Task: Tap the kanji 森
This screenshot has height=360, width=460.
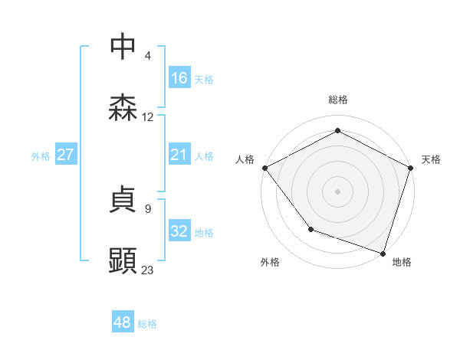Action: [123, 108]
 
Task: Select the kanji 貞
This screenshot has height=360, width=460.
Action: [123, 201]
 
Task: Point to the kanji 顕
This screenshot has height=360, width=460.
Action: [123, 261]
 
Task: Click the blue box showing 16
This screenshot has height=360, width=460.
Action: [179, 77]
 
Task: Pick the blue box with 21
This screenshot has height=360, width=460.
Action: [179, 155]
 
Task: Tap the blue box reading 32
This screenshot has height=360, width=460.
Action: [179, 231]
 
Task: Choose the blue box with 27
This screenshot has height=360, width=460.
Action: [66, 155]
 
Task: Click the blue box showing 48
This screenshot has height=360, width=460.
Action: [123, 322]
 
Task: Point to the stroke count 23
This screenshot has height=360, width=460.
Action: [148, 270]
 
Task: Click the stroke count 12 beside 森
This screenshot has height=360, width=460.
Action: [148, 116]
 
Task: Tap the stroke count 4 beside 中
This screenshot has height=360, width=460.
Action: [148, 55]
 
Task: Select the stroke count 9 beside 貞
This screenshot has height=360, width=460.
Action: [148, 208]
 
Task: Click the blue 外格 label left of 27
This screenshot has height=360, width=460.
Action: [41, 155]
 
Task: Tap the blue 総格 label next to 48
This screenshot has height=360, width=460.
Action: [147, 324]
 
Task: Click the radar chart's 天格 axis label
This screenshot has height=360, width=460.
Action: [431, 159]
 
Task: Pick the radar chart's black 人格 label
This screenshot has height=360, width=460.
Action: [245, 159]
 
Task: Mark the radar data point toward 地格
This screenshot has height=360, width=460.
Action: [383, 253]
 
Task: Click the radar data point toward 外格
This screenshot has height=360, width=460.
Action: [310, 228]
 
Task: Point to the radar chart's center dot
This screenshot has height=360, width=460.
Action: [337, 191]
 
